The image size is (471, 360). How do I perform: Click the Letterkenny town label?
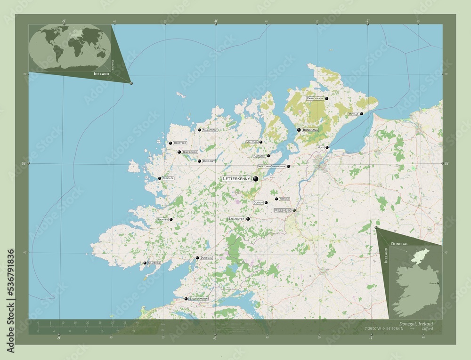point(237,179)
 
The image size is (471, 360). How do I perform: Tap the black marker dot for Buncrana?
point(299,130)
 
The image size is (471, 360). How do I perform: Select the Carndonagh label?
point(315,98)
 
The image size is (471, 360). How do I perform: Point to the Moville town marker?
point(361,114)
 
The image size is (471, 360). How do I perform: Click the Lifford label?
point(283,210)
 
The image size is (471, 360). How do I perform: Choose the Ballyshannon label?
point(198,299)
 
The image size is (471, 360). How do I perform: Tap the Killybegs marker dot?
point(145,263)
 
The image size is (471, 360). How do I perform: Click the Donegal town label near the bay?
point(206,258)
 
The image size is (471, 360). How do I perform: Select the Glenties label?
point(162,219)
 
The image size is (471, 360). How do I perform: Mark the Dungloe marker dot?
point(160,178)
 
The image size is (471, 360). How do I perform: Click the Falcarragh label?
point(210,129)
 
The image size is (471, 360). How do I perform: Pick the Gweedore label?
point(190,152)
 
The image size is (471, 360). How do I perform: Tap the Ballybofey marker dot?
point(248,219)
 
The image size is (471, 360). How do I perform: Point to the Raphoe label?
point(284,199)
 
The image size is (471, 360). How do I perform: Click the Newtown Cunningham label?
point(272,167)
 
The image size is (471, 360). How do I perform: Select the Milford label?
point(252,142)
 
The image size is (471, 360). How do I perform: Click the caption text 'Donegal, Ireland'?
point(415,324)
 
